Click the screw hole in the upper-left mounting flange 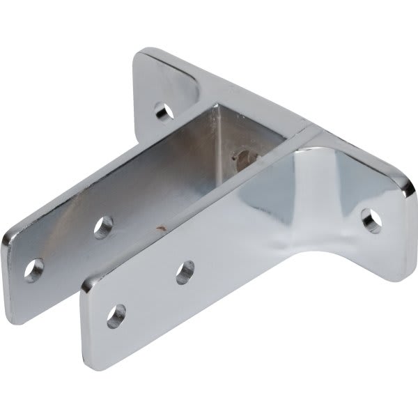[x=162, y=109]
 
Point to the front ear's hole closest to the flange [x=185, y=271]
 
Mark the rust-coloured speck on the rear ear [x=163, y=226]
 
